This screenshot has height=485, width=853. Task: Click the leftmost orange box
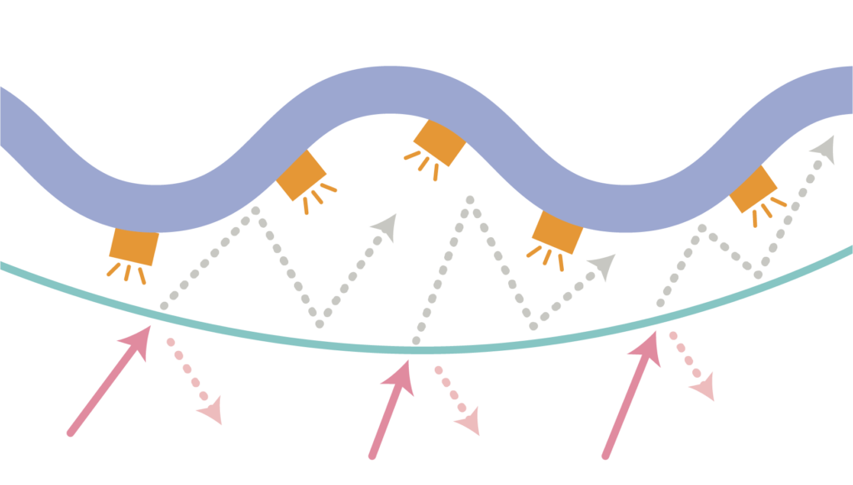(133, 246)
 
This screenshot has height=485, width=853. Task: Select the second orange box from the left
(302, 176)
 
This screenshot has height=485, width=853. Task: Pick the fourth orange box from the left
(557, 231)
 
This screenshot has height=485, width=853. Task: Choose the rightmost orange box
(753, 190)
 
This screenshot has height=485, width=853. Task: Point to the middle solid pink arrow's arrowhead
(401, 371)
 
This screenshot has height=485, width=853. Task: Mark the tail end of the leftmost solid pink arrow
(71, 433)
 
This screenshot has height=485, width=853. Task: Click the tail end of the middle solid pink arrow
(372, 455)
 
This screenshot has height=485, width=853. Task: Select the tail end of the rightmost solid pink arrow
(606, 455)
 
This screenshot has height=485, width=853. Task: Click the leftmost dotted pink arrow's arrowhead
(212, 412)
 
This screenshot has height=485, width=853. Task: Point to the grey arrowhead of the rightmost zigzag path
(824, 148)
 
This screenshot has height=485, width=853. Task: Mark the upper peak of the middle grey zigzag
(471, 200)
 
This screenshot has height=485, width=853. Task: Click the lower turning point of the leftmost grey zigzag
(319, 324)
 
